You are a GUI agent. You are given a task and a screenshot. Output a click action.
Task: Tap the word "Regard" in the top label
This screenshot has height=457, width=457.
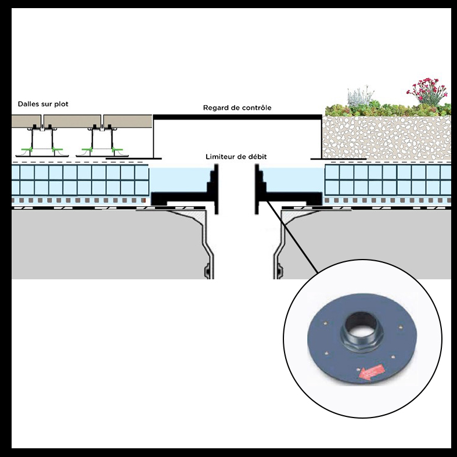[x=216, y=108]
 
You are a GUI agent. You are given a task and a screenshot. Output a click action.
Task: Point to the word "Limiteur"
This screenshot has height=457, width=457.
[x=224, y=157]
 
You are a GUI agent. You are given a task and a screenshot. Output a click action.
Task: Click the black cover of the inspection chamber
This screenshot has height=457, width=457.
[x=237, y=117]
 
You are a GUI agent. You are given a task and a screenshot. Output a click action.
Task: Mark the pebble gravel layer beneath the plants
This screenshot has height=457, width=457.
[x=386, y=136]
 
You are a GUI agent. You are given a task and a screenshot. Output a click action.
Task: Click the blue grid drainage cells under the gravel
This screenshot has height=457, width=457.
[x=386, y=179]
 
